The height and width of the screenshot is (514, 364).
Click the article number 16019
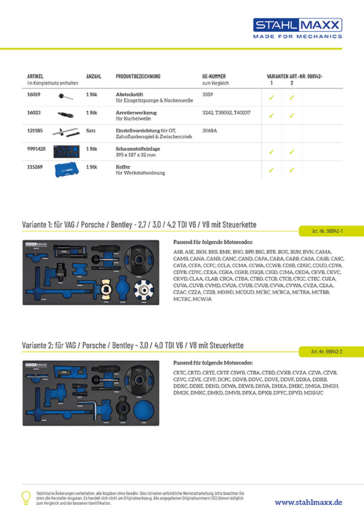pos(34,95)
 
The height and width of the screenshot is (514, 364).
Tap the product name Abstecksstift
pos(130,95)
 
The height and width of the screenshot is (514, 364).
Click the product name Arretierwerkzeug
pos(135,113)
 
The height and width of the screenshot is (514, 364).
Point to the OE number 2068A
pos(209,131)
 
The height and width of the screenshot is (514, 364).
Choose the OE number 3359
pos(207,95)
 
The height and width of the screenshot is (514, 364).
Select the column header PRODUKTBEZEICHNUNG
pos(138,76)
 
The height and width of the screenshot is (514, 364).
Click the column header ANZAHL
pos(94,76)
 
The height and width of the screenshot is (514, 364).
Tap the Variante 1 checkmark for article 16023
pos(271,115)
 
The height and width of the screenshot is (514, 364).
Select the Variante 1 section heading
pos(139,225)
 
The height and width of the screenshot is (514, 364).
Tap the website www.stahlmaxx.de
pos(308,502)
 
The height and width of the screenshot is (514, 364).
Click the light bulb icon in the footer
pos(26,497)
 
